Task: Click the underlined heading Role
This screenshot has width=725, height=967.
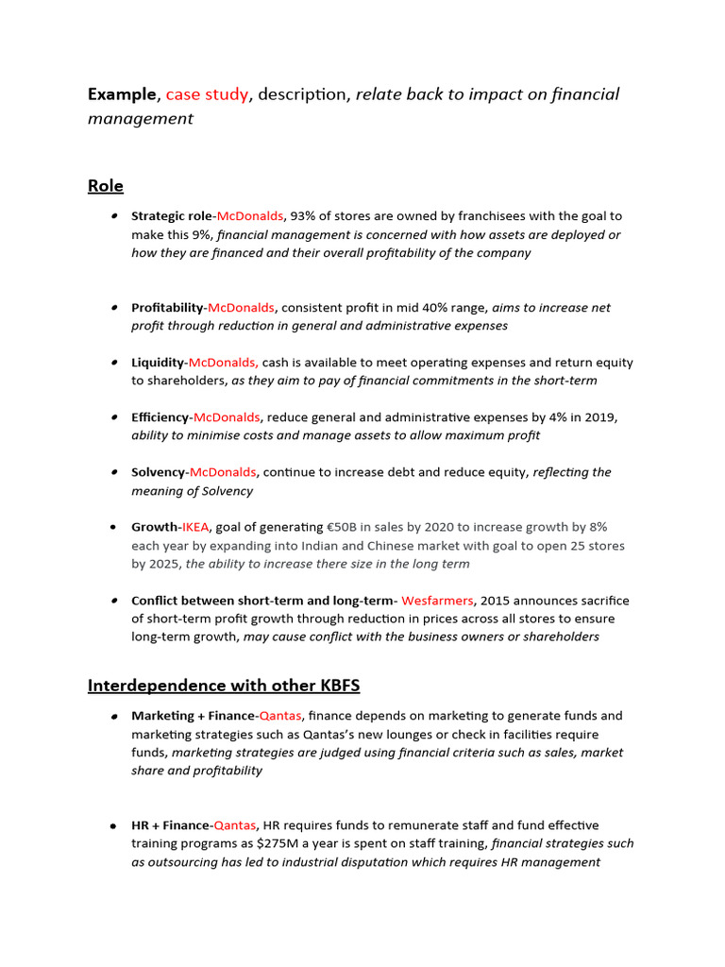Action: [x=105, y=186]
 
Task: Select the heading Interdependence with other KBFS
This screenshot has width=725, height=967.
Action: [x=224, y=685]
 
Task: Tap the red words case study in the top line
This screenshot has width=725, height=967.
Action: [x=207, y=94]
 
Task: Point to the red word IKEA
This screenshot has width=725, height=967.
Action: [x=195, y=527]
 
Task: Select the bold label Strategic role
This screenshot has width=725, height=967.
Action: [x=172, y=216]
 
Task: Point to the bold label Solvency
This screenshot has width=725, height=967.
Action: [x=158, y=472]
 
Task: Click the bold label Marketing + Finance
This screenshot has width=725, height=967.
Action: [x=194, y=716]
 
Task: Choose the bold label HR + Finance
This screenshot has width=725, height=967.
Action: [x=170, y=825]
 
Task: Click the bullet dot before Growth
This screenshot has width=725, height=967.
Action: [x=113, y=527]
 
